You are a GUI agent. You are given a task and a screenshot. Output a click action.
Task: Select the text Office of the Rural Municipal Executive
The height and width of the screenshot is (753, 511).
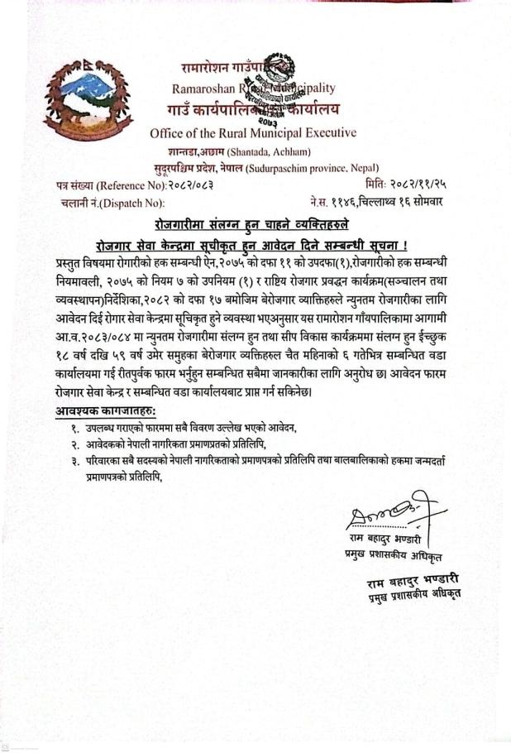coord(253,132)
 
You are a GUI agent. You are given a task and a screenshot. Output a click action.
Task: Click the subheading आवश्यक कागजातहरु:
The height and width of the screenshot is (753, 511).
coord(105,411)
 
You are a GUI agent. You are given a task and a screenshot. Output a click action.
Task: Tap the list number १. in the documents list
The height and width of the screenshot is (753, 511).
coord(75,429)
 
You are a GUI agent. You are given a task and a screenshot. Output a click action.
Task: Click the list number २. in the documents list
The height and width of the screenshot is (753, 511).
coord(75,445)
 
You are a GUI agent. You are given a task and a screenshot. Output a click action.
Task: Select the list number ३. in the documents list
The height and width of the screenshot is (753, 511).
coord(75,462)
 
